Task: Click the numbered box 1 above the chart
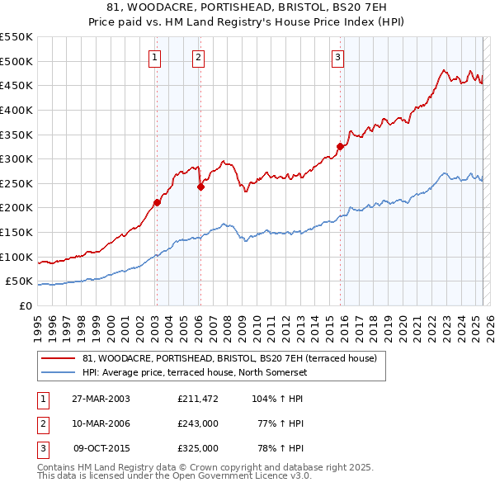[156, 57]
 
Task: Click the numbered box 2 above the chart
[200, 57]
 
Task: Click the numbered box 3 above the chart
[338, 57]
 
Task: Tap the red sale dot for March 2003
[157, 201]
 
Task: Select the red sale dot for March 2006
[200, 187]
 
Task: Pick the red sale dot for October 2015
[339, 146]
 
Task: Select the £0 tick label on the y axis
[24, 305]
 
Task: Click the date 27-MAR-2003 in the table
[101, 399]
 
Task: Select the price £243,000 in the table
[198, 423]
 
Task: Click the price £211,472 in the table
[198, 399]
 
